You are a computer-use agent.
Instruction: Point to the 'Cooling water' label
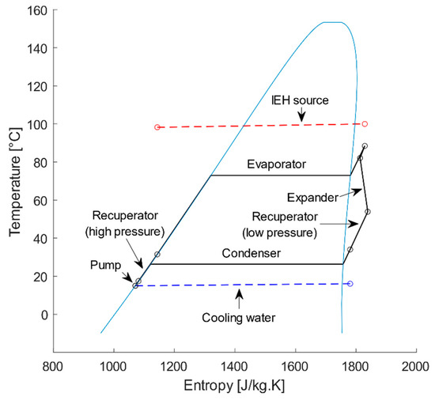tap(239, 319)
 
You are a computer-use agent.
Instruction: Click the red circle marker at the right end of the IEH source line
tap(365, 123)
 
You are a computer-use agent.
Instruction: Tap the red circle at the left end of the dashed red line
tap(157, 127)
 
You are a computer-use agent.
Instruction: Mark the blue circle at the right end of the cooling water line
tap(350, 283)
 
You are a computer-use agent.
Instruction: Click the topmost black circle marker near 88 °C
tap(365, 146)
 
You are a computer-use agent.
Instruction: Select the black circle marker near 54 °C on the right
tap(368, 211)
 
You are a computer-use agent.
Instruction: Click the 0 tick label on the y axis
tap(43, 315)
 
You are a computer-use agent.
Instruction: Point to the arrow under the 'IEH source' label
tap(301, 116)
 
